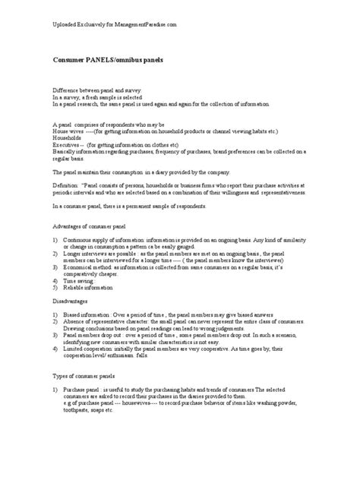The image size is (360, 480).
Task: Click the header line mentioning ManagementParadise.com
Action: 114,25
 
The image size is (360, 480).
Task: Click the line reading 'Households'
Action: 68,137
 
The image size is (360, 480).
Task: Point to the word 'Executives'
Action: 68,144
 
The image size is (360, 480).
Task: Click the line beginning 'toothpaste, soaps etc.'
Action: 94,411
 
